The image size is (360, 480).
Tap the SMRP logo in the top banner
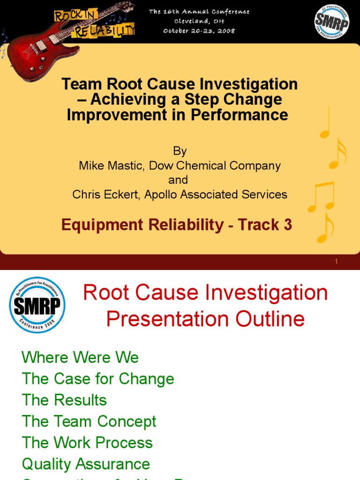tap(331, 22)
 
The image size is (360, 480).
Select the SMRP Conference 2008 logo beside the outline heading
tap(37, 305)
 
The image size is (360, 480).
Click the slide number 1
tap(337, 262)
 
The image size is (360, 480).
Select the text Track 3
tap(265, 225)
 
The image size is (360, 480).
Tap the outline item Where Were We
tap(80, 358)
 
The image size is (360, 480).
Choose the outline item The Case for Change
tap(98, 379)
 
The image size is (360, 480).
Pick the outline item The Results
tap(64, 400)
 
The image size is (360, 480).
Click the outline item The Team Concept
tap(89, 421)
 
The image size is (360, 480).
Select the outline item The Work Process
tap(87, 442)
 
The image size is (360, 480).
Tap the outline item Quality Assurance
tap(86, 464)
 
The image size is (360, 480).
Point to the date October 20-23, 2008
tap(199, 30)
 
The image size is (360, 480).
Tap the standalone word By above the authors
tap(180, 151)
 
